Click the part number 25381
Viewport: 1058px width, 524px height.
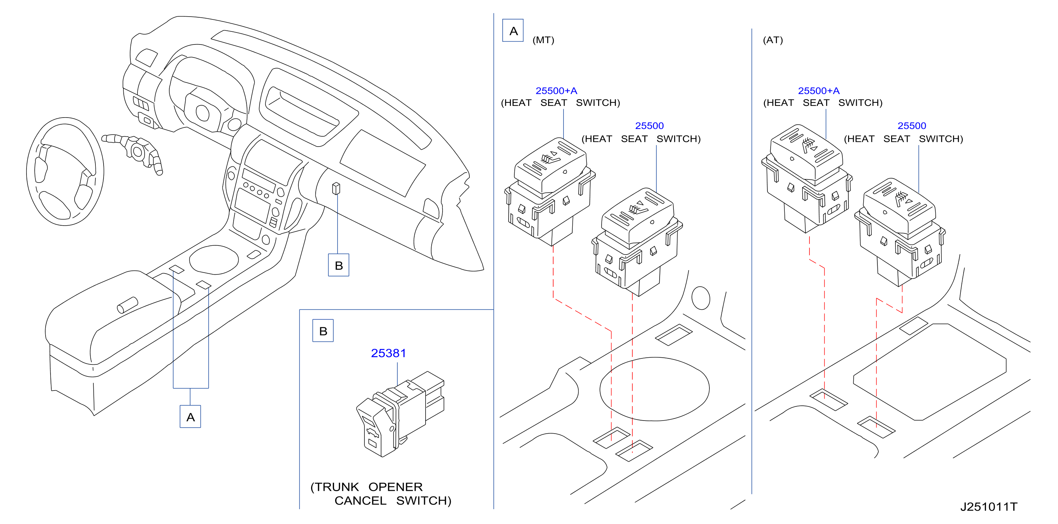click(x=388, y=353)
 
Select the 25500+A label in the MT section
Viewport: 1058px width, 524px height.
click(x=556, y=91)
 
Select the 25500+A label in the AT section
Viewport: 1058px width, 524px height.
click(x=819, y=91)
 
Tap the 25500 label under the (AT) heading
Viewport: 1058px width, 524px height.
click(x=912, y=126)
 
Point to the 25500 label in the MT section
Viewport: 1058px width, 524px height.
click(x=649, y=126)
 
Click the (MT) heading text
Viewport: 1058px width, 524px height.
click(x=543, y=40)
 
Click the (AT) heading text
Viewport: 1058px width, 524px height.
click(x=773, y=40)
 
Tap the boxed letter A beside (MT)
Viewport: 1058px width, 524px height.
click(x=513, y=30)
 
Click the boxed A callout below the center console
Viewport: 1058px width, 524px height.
click(x=190, y=417)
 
